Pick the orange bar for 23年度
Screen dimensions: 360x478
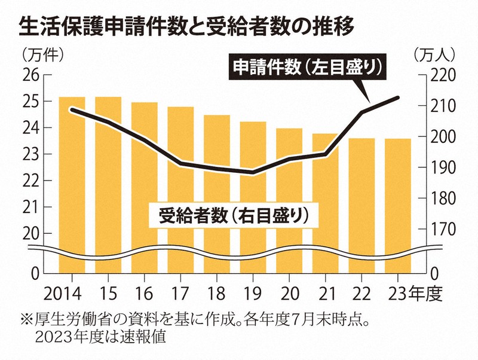[398, 197]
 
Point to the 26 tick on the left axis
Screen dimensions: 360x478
[30, 75]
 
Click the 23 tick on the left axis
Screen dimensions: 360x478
[30, 154]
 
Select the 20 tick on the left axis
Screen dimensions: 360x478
[30, 233]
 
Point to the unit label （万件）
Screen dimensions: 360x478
[42, 54]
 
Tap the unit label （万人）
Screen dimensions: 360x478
[434, 54]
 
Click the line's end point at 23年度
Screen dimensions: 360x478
[399, 97]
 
